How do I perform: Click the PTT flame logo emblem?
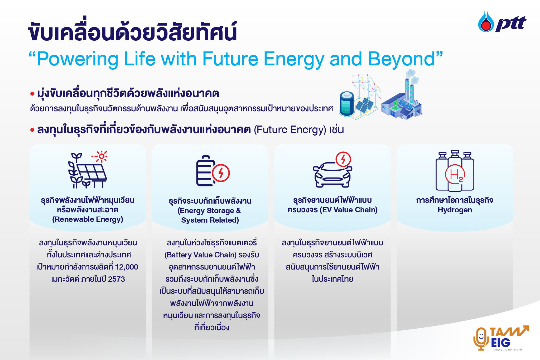coord(486,22)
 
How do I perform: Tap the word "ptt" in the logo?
coord(511,24)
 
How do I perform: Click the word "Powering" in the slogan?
coord(78,59)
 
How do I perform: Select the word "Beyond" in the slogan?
coord(401,59)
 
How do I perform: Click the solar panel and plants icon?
coord(88,170)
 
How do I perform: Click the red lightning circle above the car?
coord(343,159)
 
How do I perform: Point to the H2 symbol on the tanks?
coord(455,174)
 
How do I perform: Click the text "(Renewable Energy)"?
coord(88,219)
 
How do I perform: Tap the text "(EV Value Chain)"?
coord(349,210)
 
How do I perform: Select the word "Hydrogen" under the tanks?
coord(455,210)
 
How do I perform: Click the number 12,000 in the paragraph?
coord(127,267)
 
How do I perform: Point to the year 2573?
coord(116,279)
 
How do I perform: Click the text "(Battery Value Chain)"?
coord(200,255)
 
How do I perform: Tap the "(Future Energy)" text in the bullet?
coord(290,130)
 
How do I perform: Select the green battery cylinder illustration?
coord(347,104)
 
